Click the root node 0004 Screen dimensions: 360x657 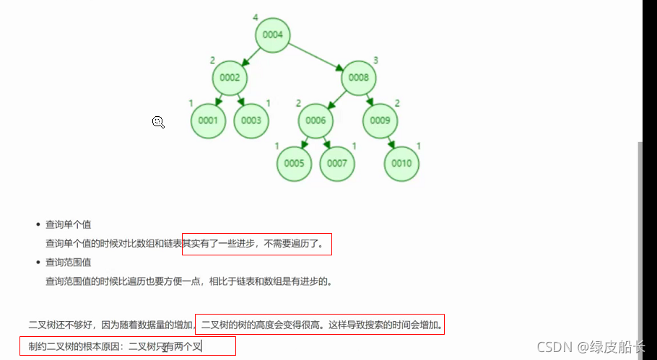click(x=272, y=35)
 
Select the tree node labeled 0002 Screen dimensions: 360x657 click(x=230, y=78)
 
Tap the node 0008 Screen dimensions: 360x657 click(x=359, y=78)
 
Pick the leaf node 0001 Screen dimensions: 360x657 click(x=208, y=120)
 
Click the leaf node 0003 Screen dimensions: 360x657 click(x=251, y=120)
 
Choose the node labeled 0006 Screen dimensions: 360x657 click(x=316, y=120)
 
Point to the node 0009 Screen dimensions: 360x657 click(x=380, y=120)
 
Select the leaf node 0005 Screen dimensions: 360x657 click(x=294, y=163)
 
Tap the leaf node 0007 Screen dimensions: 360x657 click(x=337, y=163)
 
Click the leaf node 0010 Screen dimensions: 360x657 click(x=401, y=163)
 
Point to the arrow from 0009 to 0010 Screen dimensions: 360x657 click(x=391, y=141)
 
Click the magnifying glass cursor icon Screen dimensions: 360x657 click(x=158, y=122)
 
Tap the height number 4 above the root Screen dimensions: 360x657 click(x=255, y=17)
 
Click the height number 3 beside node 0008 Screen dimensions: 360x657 click(x=375, y=60)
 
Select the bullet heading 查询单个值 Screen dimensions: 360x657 click(x=68, y=224)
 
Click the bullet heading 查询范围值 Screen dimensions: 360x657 click(x=68, y=262)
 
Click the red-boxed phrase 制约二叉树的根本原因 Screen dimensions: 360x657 click(x=72, y=346)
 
